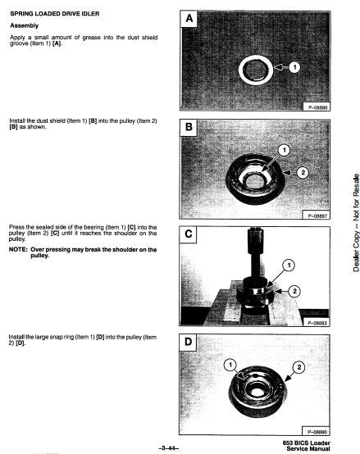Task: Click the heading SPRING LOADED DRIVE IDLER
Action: point(55,14)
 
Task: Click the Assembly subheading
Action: point(25,25)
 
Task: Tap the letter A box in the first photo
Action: point(189,19)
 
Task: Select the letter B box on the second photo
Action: point(189,127)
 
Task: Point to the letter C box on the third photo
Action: point(189,234)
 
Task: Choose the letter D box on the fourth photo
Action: point(188,343)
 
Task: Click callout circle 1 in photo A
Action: point(294,67)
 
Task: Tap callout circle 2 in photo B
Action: point(303,173)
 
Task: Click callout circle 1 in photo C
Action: point(289,266)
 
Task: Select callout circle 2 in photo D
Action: point(298,367)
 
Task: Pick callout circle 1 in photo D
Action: point(230,365)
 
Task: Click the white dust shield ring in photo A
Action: point(241,70)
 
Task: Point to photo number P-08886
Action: point(317,107)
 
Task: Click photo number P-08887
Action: point(317,216)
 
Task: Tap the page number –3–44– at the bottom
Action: point(169,448)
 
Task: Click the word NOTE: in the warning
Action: point(18,250)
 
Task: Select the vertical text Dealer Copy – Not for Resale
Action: point(356,223)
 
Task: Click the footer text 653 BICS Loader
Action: point(306,443)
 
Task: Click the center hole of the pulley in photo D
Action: point(256,392)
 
